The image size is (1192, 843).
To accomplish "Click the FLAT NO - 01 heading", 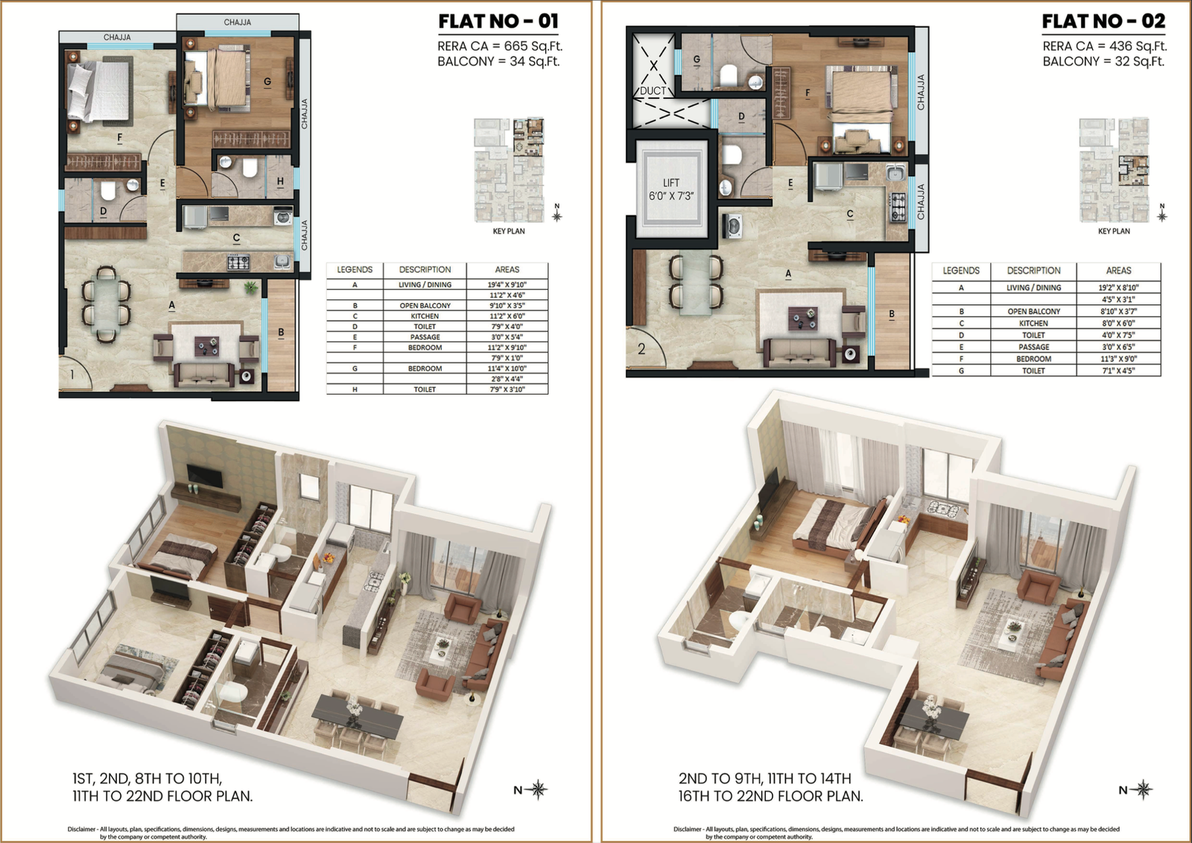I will point(498,22).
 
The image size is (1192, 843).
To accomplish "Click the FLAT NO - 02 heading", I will point(1103,22).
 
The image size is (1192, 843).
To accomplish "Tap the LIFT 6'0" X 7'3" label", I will point(670,189).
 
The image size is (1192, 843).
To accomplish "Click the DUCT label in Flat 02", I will point(653,91).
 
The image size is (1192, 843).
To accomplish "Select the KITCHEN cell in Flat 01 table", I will point(425,316).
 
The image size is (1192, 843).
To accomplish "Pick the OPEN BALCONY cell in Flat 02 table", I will point(1033,311).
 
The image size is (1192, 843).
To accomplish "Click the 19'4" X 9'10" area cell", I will point(507,284).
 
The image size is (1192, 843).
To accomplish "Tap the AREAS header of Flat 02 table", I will point(1118,270).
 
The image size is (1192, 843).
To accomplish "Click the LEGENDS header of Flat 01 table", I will point(355,270).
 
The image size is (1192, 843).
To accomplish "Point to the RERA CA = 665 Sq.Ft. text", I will point(499,46).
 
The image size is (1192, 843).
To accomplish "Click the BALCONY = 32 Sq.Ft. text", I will point(1104,62).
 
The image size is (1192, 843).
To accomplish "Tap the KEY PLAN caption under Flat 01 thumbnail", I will point(508,232).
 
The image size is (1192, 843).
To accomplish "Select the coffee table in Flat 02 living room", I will point(803,319).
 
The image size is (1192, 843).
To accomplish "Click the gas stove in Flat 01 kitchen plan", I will point(238,262).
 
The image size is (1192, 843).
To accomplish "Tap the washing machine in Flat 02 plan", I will point(732,226).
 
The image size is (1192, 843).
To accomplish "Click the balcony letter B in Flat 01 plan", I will point(281,332).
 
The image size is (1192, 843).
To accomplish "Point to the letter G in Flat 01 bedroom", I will point(267,82).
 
